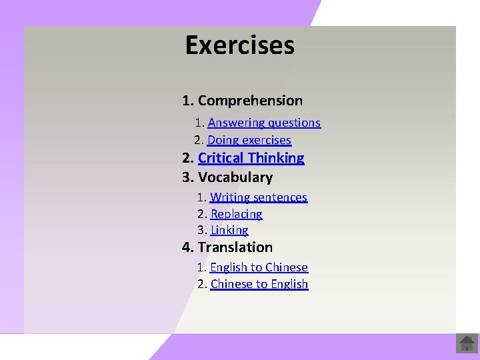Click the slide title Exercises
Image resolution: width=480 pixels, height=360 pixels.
click(239, 45)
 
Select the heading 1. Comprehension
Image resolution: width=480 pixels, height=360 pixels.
click(242, 101)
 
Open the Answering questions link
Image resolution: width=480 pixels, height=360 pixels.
click(264, 123)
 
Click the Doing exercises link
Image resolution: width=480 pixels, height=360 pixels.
click(249, 140)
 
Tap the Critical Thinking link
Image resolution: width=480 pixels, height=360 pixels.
click(251, 158)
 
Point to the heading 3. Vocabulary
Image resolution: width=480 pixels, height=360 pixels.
click(227, 177)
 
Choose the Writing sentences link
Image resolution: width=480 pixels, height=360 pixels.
click(259, 197)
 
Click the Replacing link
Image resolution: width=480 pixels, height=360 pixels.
click(236, 214)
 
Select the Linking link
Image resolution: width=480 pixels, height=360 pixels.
click(229, 230)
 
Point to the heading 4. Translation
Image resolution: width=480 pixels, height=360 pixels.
click(227, 247)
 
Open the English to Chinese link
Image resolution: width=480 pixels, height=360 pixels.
click(259, 267)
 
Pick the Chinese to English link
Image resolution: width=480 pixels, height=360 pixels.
click(259, 284)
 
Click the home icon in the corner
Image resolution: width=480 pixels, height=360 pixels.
click(467, 344)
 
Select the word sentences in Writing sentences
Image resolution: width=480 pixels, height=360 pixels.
click(281, 197)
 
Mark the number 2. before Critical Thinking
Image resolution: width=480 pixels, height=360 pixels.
click(188, 158)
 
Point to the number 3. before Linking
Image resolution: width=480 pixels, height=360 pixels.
click(202, 230)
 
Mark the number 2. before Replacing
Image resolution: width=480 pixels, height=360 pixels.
click(202, 214)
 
